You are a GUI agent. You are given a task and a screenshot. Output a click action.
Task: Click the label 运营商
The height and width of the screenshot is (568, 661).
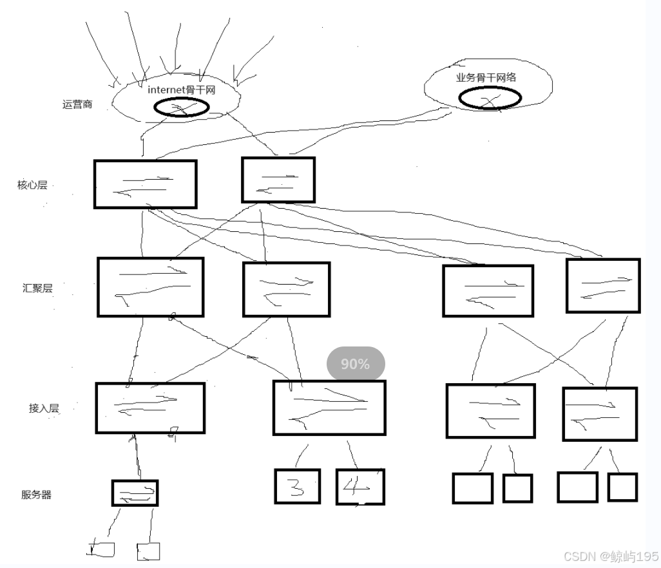click(x=77, y=104)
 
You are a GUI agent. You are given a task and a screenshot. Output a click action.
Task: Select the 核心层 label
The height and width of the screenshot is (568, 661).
click(x=32, y=185)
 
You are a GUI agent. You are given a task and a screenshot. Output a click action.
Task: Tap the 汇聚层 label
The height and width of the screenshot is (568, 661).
click(x=37, y=288)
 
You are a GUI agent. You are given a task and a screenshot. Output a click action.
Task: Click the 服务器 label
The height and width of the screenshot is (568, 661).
click(x=36, y=495)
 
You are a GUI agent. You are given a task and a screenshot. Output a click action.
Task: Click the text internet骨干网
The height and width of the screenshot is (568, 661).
click(x=181, y=90)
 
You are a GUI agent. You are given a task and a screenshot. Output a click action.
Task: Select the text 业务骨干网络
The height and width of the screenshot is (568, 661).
click(x=486, y=77)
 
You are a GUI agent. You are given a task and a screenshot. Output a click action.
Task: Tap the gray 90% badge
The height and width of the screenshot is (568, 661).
click(x=356, y=364)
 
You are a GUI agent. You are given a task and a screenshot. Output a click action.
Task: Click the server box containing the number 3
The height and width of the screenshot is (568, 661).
click(x=297, y=486)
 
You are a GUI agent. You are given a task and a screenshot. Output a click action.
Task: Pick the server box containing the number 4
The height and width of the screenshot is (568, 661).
click(x=360, y=487)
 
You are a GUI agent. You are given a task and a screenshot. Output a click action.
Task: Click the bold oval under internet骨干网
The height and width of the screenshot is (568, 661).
click(x=181, y=108)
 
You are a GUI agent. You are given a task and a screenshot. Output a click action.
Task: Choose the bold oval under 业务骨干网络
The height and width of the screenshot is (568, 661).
click(x=490, y=97)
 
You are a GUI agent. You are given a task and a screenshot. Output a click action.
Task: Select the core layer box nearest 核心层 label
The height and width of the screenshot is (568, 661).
click(x=145, y=184)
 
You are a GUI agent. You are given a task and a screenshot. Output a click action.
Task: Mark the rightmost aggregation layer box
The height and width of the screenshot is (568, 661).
click(x=603, y=285)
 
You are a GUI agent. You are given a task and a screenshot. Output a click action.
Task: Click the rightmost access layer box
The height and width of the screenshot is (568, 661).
click(x=600, y=413)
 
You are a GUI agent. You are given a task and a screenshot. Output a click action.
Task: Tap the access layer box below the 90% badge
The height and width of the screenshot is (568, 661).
click(x=329, y=407)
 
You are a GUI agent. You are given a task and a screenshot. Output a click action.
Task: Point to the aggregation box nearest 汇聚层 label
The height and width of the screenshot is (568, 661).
click(x=151, y=287)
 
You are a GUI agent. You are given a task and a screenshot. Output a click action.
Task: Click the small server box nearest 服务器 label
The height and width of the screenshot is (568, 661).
click(x=135, y=493)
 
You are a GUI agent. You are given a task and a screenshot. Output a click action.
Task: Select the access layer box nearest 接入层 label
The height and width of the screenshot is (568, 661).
click(x=150, y=408)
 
